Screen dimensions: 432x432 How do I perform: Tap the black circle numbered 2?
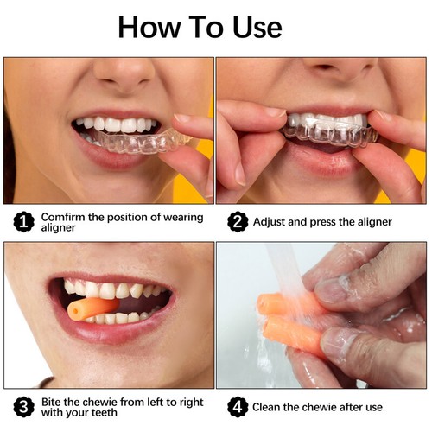point(236,222)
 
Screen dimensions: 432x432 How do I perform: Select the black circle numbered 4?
point(236,406)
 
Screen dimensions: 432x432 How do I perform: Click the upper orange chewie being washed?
point(281,302)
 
